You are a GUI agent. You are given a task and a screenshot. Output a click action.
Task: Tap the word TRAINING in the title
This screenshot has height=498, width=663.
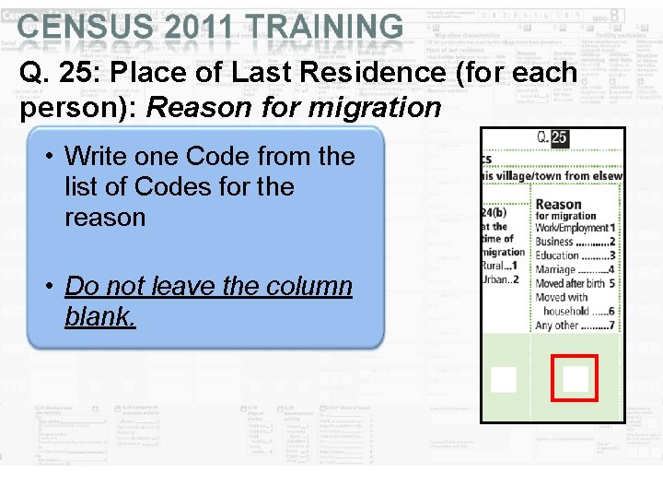(x=321, y=27)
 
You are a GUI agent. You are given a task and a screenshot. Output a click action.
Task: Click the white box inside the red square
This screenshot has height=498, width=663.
(x=576, y=379)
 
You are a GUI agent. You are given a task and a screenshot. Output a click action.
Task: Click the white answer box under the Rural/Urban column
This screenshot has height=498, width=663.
(x=503, y=379)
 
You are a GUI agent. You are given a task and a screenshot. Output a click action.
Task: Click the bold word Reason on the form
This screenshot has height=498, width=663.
(x=558, y=204)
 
